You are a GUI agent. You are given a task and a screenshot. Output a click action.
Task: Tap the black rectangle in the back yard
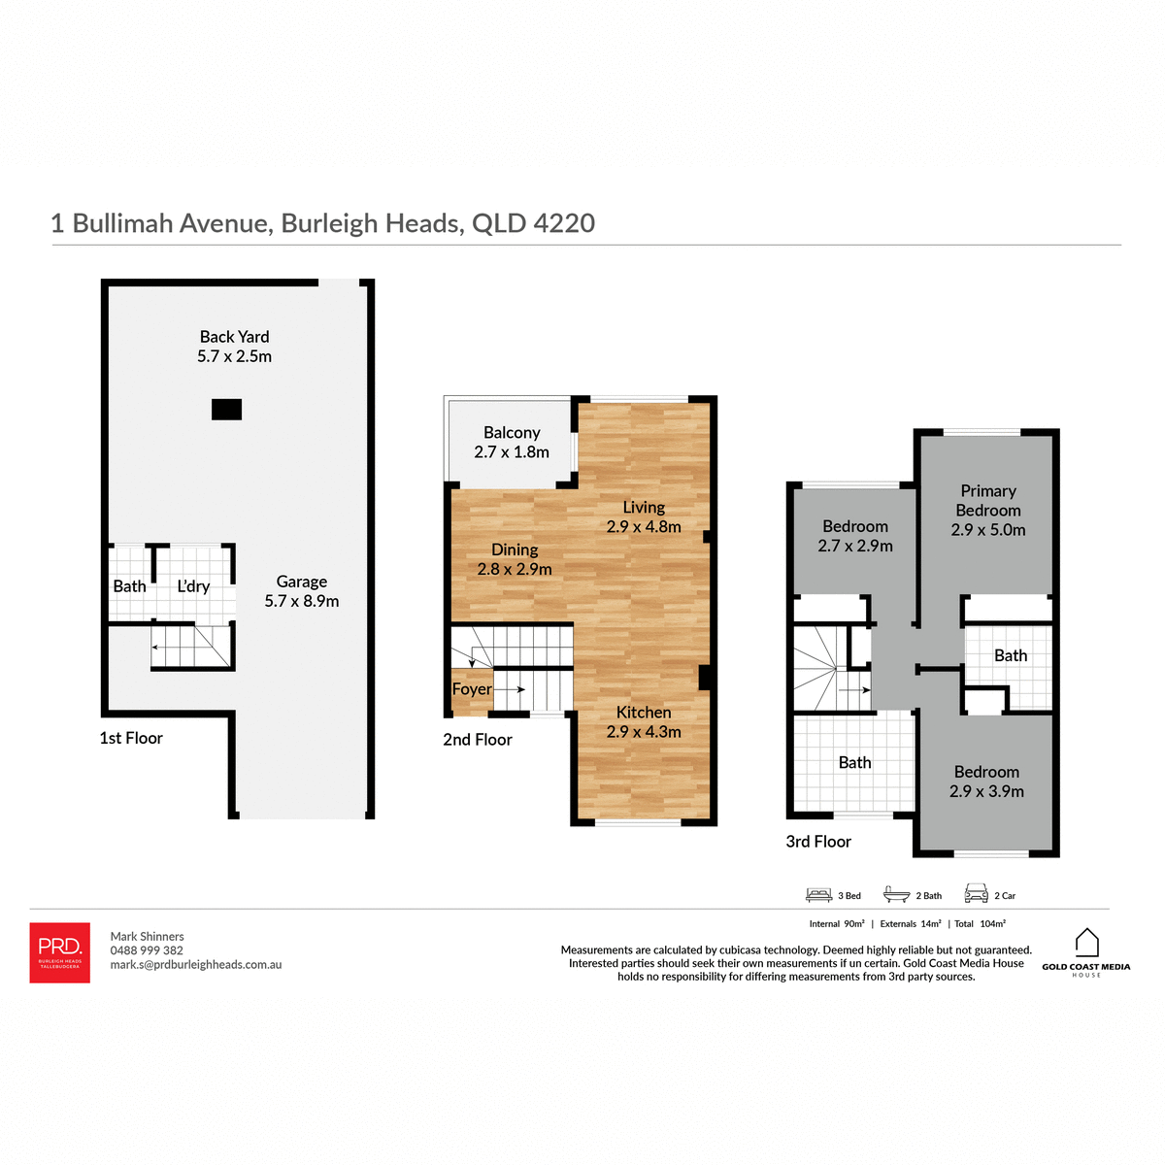(x=226, y=410)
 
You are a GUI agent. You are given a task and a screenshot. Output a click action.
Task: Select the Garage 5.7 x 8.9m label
(x=302, y=591)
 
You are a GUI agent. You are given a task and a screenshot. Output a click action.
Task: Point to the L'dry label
(x=193, y=586)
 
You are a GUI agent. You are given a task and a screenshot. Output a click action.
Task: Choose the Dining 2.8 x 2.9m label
(x=515, y=559)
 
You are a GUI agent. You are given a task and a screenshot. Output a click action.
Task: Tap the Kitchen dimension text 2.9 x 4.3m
(x=644, y=732)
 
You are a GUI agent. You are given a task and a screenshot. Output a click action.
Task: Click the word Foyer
(x=472, y=689)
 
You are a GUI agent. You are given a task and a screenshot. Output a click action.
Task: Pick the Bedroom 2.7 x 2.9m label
(x=855, y=536)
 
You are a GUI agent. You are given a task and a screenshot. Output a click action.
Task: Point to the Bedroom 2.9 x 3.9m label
(x=986, y=782)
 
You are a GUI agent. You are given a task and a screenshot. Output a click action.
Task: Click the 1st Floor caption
(x=131, y=738)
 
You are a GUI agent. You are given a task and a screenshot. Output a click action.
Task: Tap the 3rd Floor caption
(x=818, y=842)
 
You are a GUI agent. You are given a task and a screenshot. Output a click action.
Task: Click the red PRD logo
(x=60, y=952)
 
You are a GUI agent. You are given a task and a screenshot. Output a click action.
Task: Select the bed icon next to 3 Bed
(x=819, y=894)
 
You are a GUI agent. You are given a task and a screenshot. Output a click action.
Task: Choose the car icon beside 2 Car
(x=976, y=894)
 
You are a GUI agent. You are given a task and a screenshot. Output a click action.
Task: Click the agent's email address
(x=196, y=965)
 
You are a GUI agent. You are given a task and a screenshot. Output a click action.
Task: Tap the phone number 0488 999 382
(x=147, y=950)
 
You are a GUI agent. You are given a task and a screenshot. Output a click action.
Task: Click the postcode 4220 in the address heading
(x=564, y=223)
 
